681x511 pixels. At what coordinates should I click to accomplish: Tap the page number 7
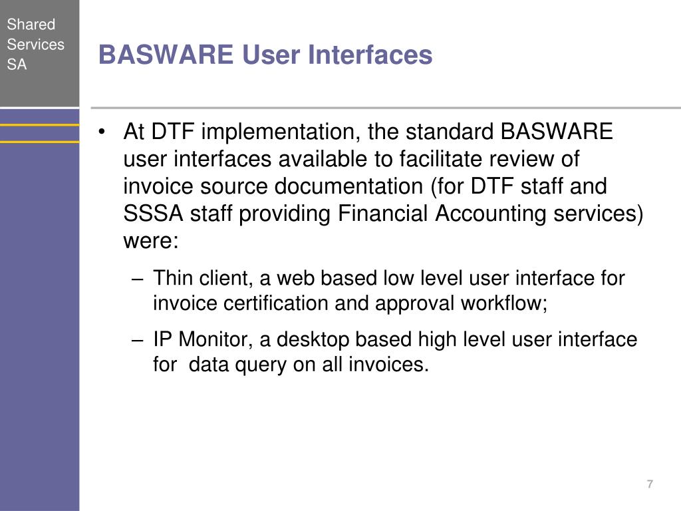650,484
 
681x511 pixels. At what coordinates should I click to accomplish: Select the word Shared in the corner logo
31,25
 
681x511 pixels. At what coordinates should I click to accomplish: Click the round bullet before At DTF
102,132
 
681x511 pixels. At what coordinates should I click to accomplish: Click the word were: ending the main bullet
151,241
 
